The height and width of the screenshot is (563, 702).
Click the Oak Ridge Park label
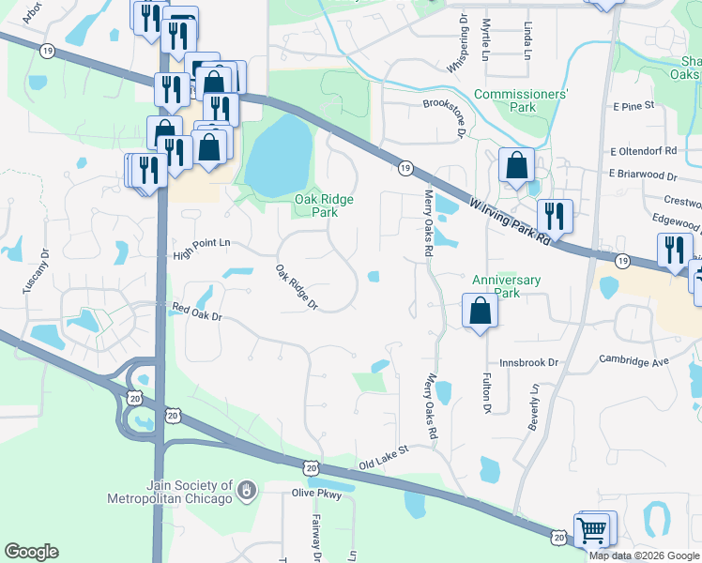[x=316, y=205]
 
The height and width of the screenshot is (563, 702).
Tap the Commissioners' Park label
[x=521, y=100]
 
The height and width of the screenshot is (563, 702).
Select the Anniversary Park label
[x=506, y=286]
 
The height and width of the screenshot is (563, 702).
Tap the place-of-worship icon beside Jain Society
[x=247, y=490]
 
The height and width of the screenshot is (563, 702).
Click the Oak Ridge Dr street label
[x=297, y=287]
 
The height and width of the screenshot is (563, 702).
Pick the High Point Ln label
[x=202, y=242]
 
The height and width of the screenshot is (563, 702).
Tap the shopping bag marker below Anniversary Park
[x=480, y=311]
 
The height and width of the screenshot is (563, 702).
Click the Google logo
[x=31, y=552]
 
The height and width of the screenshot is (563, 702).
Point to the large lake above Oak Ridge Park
[x=279, y=153]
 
